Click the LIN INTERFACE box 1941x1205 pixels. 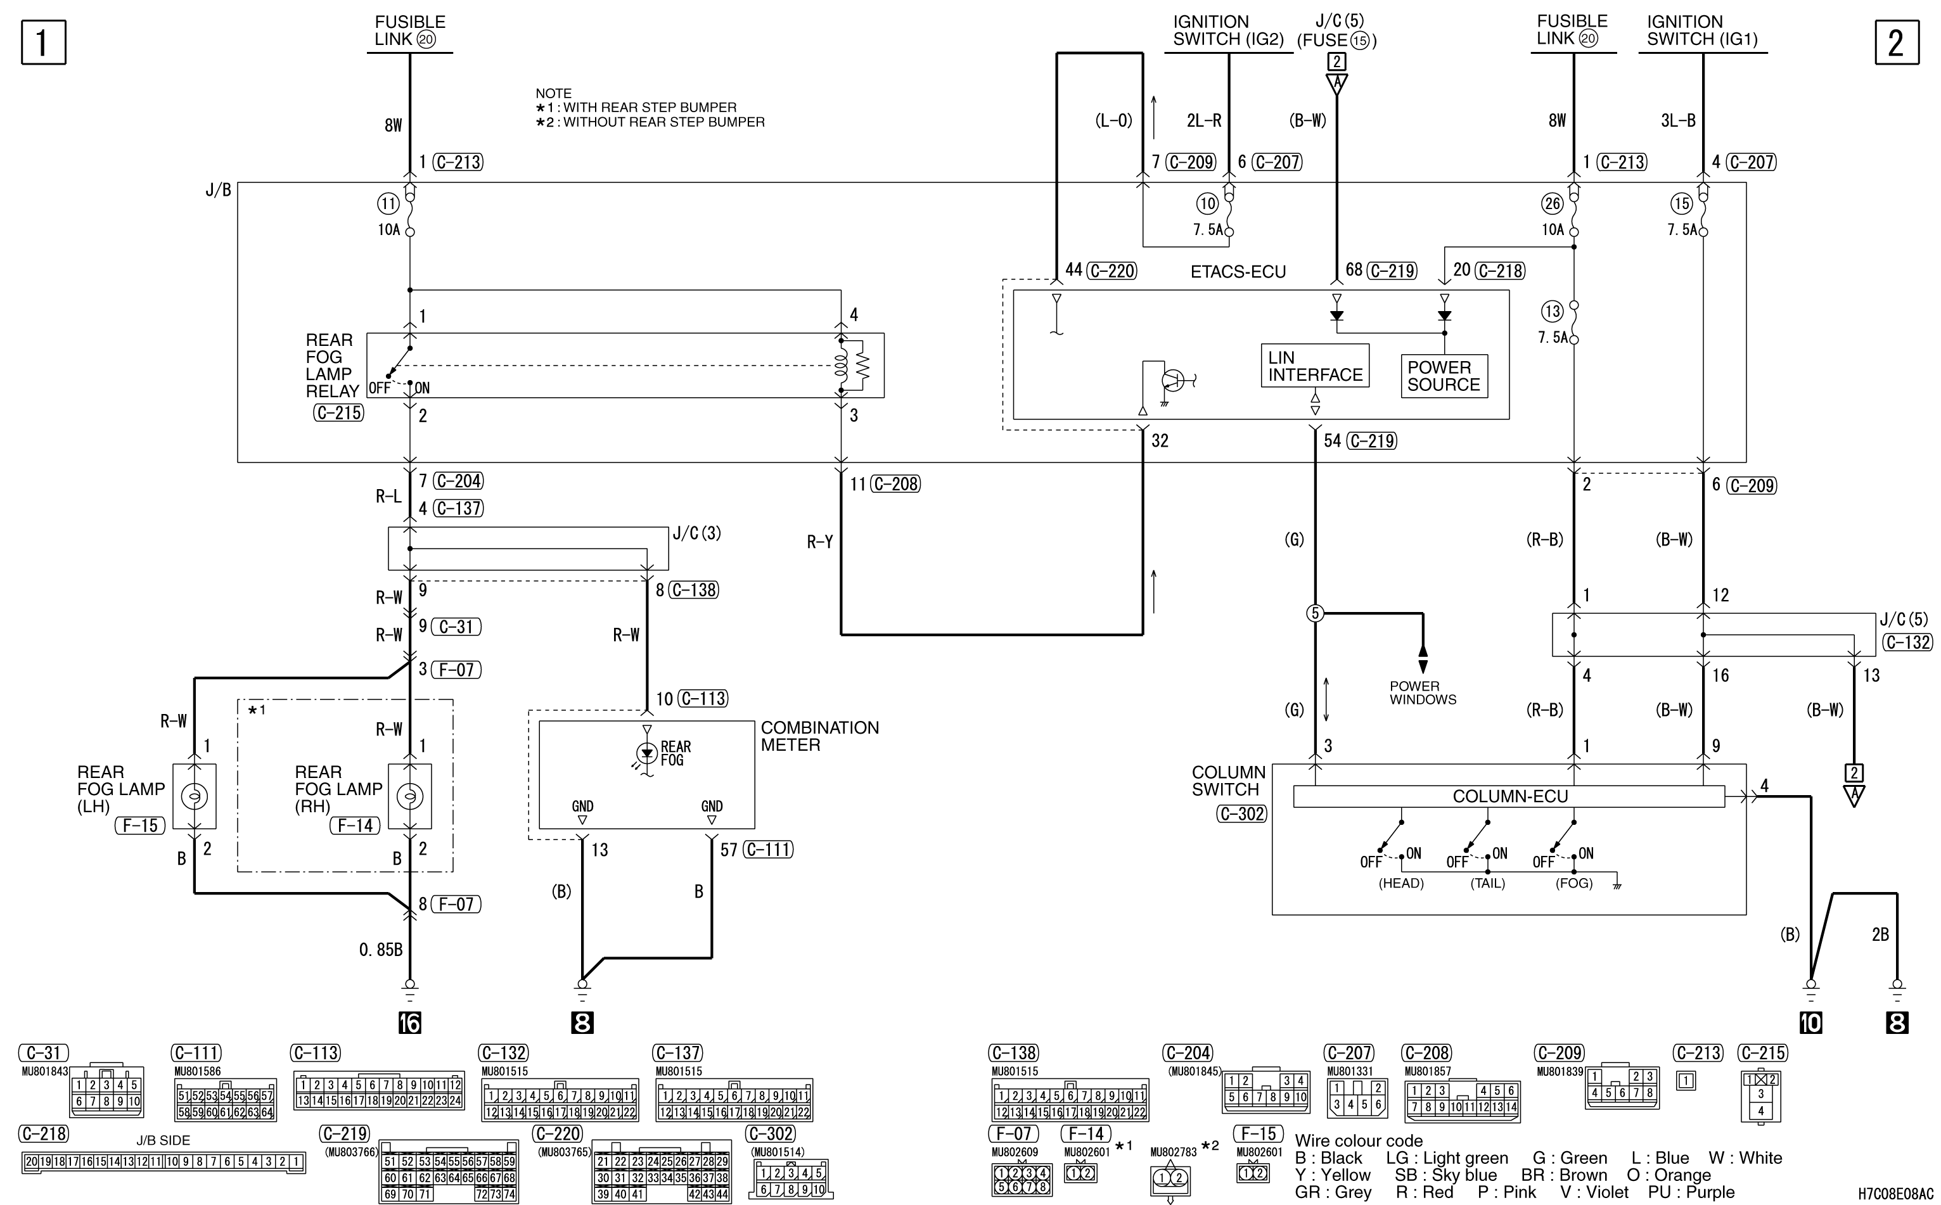pyautogui.click(x=1316, y=366)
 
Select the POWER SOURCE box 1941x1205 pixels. pyautogui.click(x=1444, y=376)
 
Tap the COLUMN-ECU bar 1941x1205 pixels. pyautogui.click(x=1509, y=796)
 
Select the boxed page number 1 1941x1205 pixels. pyautogui.click(x=43, y=42)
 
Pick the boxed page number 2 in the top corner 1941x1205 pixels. pyautogui.click(x=1897, y=42)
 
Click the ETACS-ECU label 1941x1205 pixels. pyautogui.click(x=1238, y=272)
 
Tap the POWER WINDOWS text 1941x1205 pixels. pyautogui.click(x=1423, y=692)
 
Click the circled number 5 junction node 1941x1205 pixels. pyautogui.click(x=1316, y=613)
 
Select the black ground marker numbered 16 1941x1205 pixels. pyautogui.click(x=410, y=1023)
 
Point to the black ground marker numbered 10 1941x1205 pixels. pyautogui.click(x=1810, y=1023)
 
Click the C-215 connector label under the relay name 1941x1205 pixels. pyautogui.click(x=339, y=413)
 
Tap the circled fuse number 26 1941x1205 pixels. pyautogui.click(x=1552, y=203)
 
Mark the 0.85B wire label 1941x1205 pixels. pyautogui.click(x=381, y=950)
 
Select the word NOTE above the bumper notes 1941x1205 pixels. pyautogui.click(x=553, y=93)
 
